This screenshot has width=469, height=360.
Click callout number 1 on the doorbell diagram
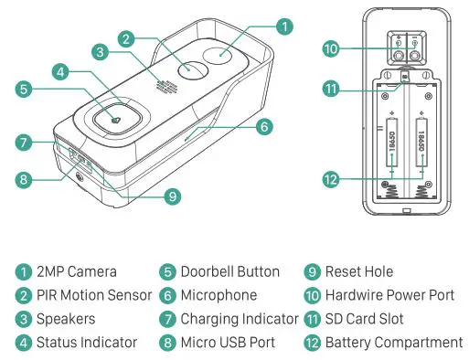tap(285, 26)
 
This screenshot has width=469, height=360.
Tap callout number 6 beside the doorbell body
tap(263, 127)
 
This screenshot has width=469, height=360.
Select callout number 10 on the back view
tap(331, 48)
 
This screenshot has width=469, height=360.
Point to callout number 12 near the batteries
tap(331, 180)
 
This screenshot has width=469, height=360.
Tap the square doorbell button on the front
tap(113, 118)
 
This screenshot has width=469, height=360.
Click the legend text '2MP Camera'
tap(77, 271)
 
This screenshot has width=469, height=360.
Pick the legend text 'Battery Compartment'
tap(394, 343)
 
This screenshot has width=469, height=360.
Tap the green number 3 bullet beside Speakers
tap(23, 319)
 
